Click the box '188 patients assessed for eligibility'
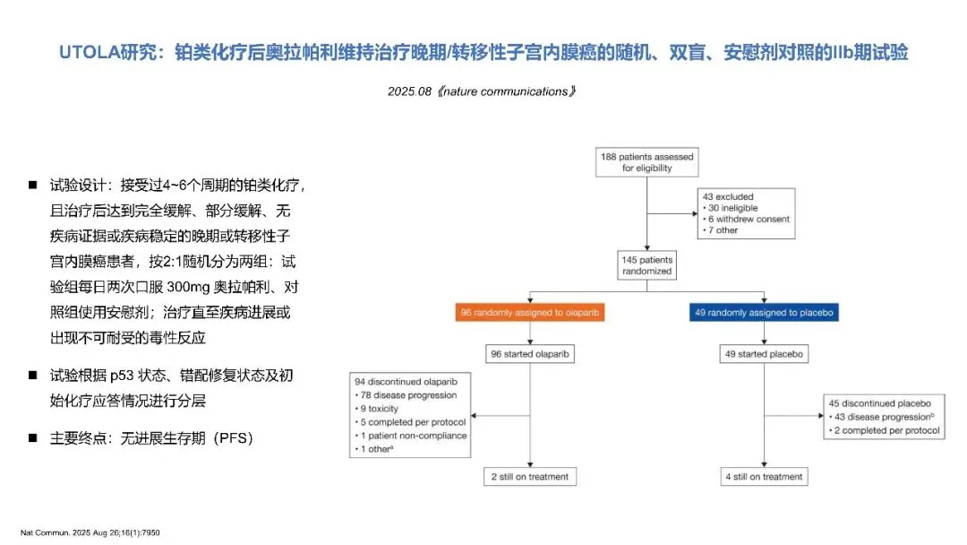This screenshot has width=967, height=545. click(646, 162)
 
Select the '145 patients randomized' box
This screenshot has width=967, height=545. click(646, 265)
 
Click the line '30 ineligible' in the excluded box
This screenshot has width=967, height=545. click(733, 208)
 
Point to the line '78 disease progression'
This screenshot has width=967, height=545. click(407, 395)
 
